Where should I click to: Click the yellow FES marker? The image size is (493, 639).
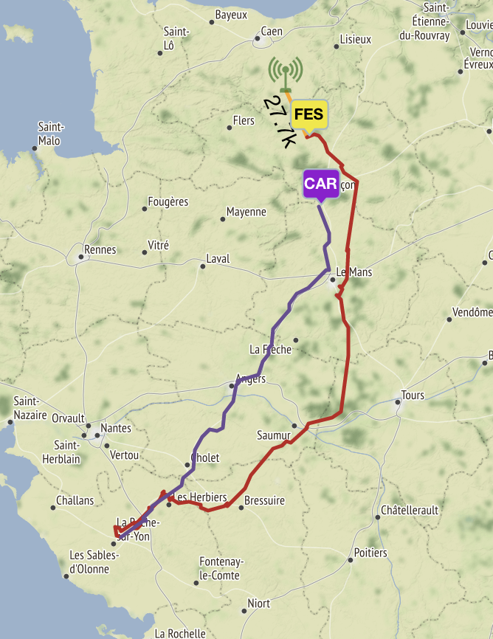308,115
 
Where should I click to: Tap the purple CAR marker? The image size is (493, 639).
320,184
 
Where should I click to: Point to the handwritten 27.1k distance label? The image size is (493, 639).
280,120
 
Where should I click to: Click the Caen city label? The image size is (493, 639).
272,32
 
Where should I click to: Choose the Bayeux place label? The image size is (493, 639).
231,15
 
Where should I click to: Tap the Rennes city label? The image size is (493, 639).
100,249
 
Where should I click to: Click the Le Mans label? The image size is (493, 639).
354,272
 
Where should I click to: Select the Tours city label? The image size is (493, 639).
413,396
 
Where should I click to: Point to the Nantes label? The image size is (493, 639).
116,428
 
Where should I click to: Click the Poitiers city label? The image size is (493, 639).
370,553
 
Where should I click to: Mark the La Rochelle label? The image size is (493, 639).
180,633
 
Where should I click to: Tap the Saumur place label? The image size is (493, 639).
273,435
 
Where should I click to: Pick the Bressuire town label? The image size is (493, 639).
263,500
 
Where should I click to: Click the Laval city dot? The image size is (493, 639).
202,266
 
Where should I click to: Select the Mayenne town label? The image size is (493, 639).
246,212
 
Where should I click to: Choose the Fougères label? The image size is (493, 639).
168,201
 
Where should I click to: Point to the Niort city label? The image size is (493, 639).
258,604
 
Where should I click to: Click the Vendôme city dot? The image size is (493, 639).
449,319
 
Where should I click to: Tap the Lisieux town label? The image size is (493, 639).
356,39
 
